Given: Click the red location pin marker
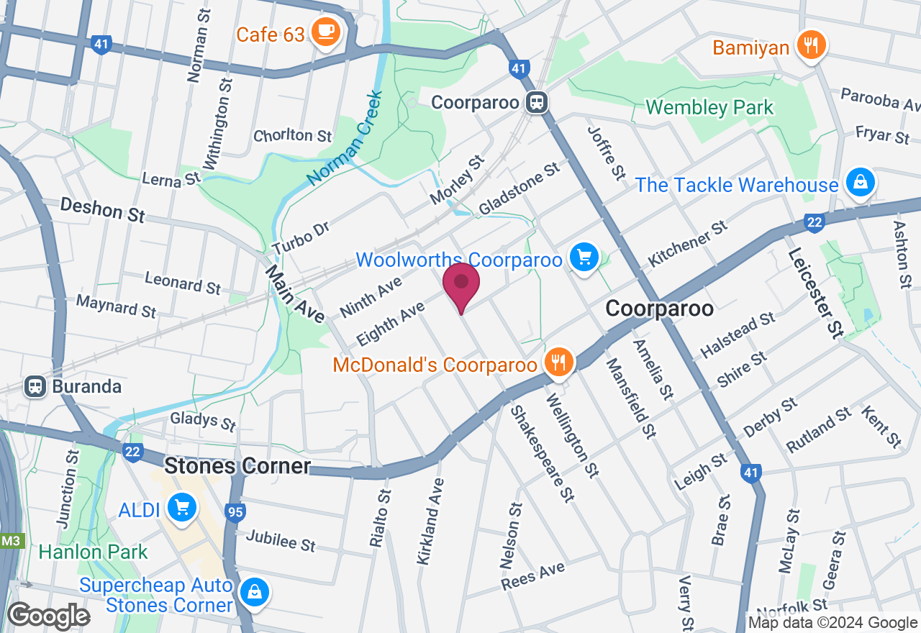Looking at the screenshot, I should pos(461,285).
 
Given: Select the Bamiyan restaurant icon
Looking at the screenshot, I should pos(811,46).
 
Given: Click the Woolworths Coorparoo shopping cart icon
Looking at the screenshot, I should pos(584,258).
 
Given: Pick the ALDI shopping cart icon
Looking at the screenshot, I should pos(181,509).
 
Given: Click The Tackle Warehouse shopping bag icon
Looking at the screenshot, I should pos(860,183).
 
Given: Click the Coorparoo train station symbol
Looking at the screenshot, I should pos(536,102).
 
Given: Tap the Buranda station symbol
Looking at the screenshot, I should pos(34,386).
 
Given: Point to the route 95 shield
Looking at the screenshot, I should pos(234,512).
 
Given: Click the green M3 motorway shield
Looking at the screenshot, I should pos(10,540).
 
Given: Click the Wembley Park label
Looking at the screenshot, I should pos(709,108).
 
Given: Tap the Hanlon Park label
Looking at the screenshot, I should pos(93,552).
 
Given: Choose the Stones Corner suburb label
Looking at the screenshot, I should pos(237,466).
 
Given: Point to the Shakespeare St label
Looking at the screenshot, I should pos(542,453).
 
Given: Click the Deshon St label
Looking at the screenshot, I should pos(102,210).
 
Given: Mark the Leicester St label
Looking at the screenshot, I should pos(815,293).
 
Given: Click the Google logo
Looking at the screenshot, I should pos(48,616).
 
